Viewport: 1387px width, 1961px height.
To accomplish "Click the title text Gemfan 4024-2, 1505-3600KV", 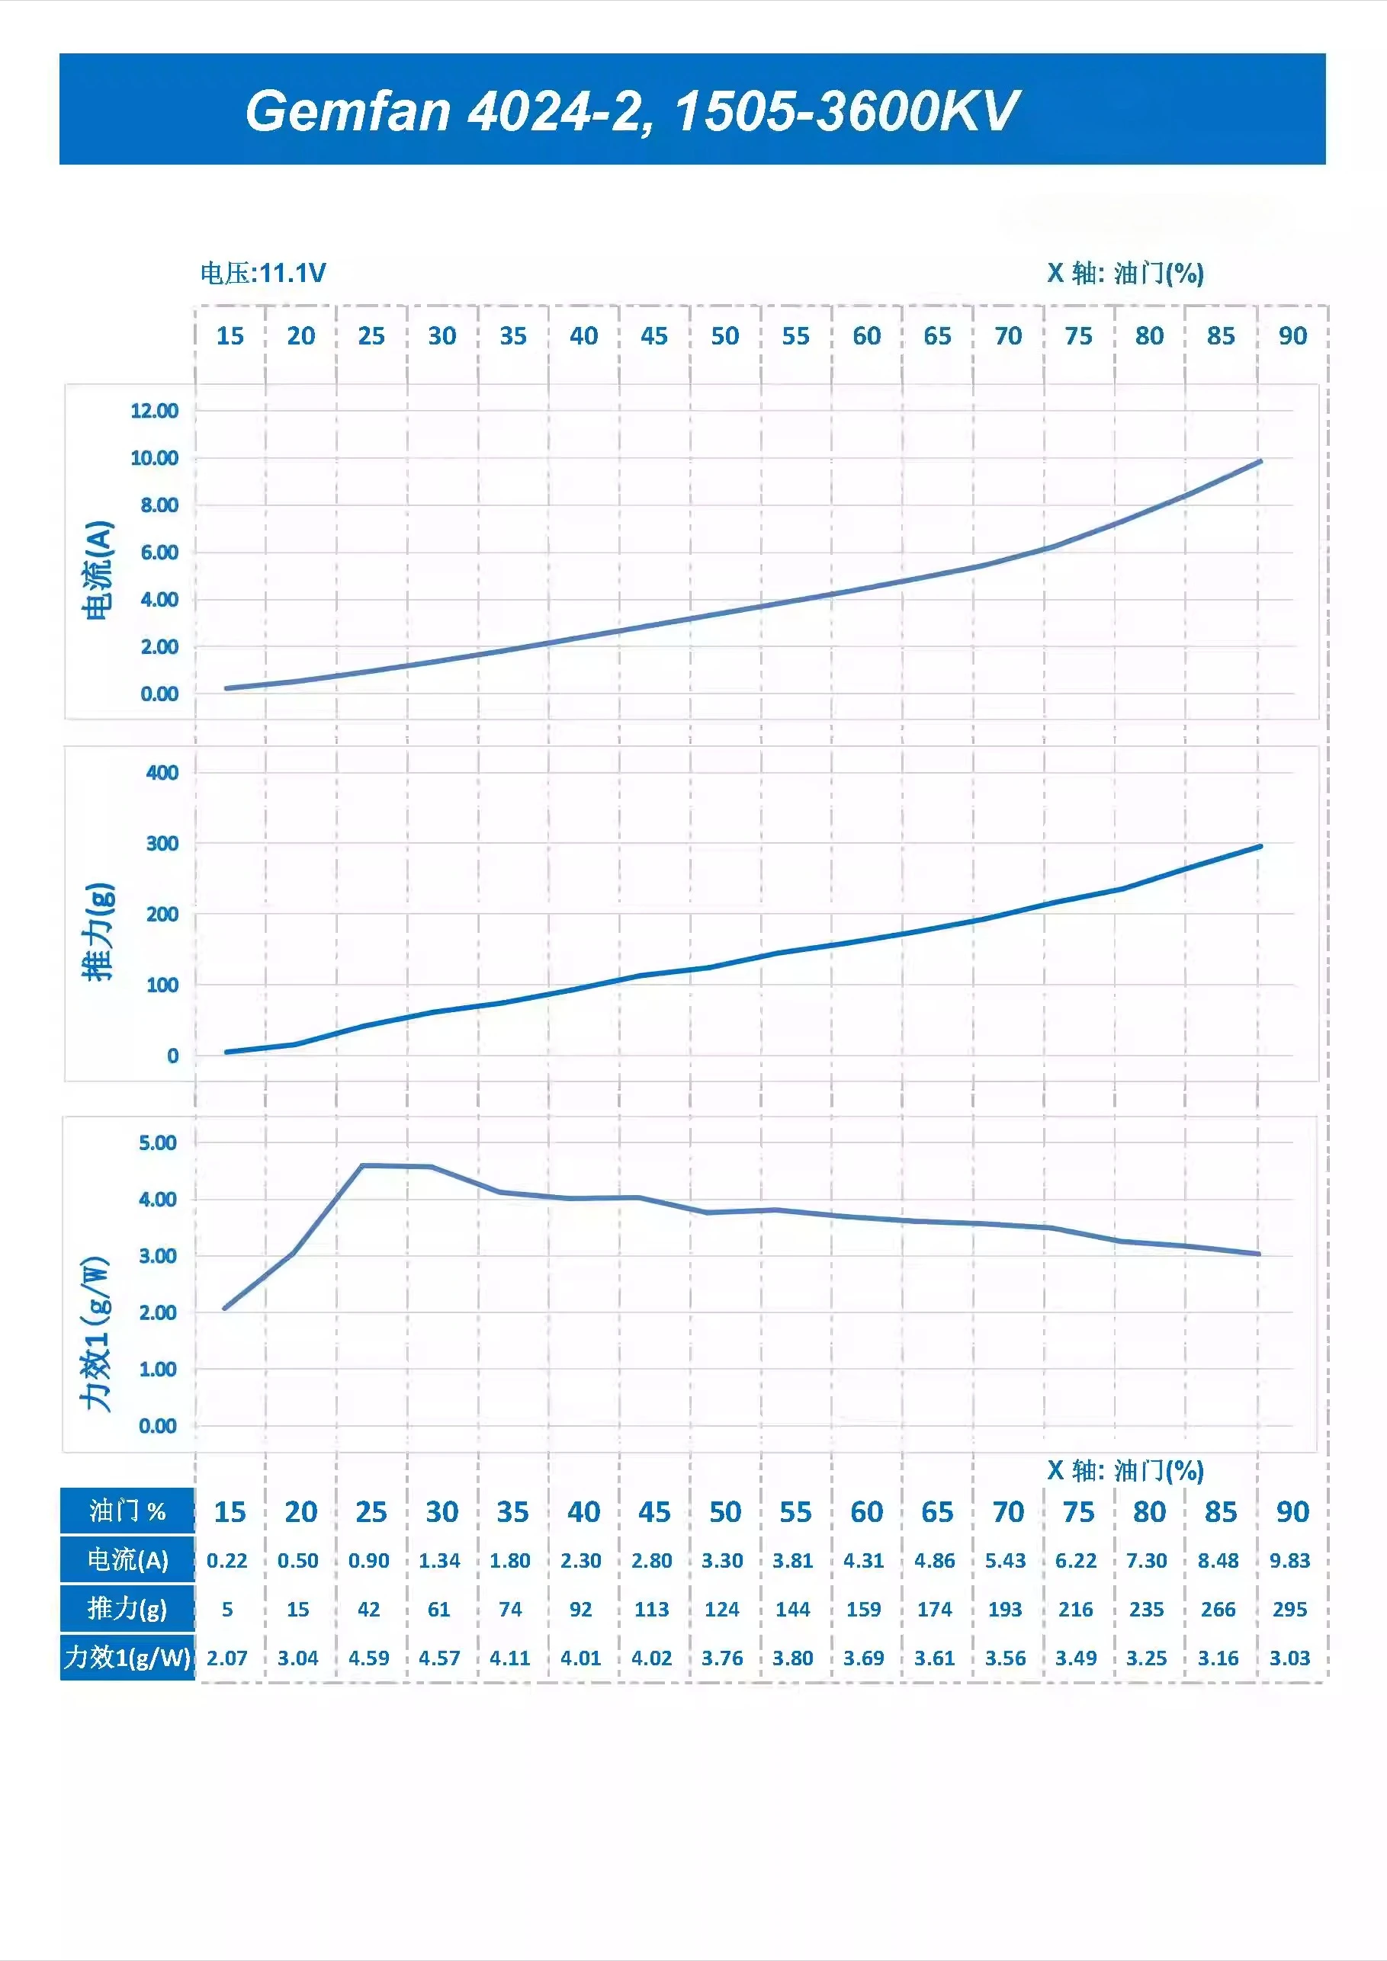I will (x=631, y=111).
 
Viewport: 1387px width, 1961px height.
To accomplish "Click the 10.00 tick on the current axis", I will (x=155, y=459).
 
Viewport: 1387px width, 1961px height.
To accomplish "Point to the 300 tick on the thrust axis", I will (x=162, y=844).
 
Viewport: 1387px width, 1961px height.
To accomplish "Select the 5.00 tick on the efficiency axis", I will (x=157, y=1142).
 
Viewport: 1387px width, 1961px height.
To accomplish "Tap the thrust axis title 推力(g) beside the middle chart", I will (x=98, y=932).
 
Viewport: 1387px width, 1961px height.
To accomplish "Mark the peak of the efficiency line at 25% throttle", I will (x=362, y=1166).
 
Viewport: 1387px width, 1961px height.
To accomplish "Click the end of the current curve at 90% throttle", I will (x=1260, y=462).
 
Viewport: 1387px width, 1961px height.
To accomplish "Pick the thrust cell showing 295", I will (x=1289, y=1610).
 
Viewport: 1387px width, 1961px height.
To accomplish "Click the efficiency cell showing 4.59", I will (x=368, y=1658).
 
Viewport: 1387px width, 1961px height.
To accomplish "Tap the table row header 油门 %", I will (x=127, y=1512).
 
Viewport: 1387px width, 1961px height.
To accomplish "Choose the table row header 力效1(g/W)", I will (x=127, y=1658).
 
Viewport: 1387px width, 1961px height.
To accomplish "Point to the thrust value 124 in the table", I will (x=722, y=1610).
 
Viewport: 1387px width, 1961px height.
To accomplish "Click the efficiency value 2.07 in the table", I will (x=226, y=1658).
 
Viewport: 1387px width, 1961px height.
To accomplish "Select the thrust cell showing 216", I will (x=1076, y=1610).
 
